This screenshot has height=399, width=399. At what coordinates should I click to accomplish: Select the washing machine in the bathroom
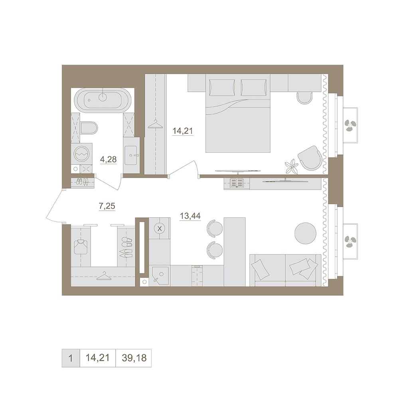(x=82, y=154)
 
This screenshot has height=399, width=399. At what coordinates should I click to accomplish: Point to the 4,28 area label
(x=109, y=160)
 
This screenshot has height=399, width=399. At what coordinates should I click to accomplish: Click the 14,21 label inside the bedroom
(x=183, y=131)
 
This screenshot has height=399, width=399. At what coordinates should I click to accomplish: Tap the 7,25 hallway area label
(x=107, y=206)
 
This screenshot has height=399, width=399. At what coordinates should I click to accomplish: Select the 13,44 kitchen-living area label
(x=190, y=216)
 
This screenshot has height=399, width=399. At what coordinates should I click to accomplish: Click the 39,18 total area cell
(x=134, y=358)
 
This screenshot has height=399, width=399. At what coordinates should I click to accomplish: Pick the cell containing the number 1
(x=71, y=358)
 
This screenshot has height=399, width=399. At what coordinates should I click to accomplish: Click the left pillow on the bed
(x=222, y=87)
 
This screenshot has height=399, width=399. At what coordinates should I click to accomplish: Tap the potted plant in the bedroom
(x=292, y=167)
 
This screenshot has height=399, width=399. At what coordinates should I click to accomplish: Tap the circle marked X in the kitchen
(x=160, y=229)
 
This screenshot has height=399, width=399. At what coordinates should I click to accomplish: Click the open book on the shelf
(x=237, y=182)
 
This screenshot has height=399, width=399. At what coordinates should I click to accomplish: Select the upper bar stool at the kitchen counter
(x=215, y=228)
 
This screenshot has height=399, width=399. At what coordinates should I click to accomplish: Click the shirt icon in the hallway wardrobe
(x=81, y=247)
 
